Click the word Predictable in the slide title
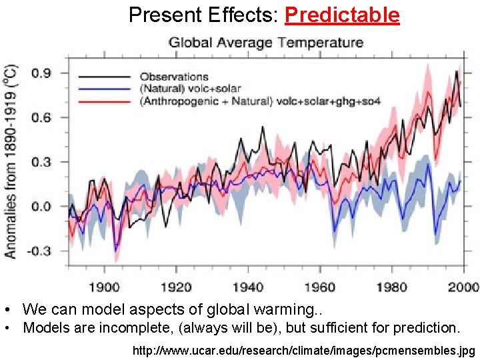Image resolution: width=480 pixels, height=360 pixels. pyautogui.click(x=341, y=15)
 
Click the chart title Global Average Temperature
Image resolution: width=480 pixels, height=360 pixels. pyautogui.click(x=266, y=43)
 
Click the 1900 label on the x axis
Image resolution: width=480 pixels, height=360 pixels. pyautogui.click(x=105, y=287)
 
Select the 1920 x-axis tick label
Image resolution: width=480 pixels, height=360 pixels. pyautogui.click(x=176, y=287)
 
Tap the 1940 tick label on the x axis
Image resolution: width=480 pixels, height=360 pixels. pyautogui.click(x=248, y=287)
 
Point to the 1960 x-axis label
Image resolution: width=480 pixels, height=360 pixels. pyautogui.click(x=320, y=287)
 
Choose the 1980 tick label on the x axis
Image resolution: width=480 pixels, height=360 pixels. pyautogui.click(x=391, y=287)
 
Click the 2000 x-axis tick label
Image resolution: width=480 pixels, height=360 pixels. pyautogui.click(x=463, y=287)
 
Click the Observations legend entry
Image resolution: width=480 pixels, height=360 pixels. pyautogui.click(x=174, y=77)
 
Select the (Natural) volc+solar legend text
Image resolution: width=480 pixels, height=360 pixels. pyautogui.click(x=190, y=88)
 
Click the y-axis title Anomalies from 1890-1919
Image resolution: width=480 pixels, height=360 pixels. pyautogui.click(x=12, y=161)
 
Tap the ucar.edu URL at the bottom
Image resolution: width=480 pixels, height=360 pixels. pyautogui.click(x=305, y=350)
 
